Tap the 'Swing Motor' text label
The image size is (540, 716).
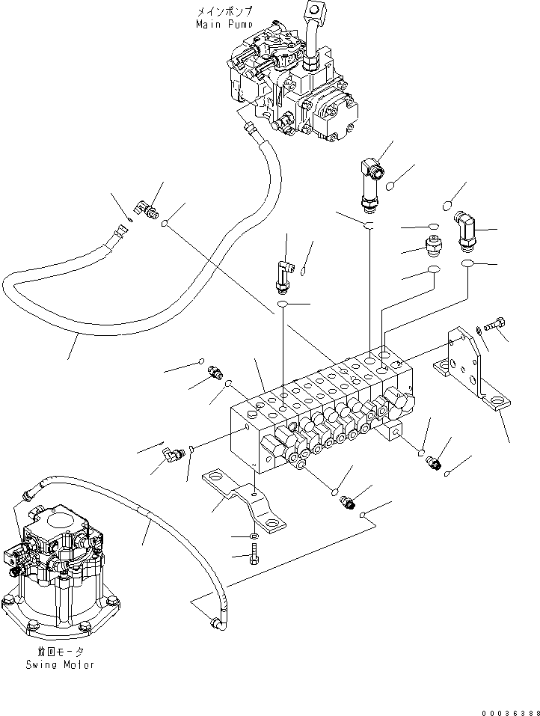click(59, 664)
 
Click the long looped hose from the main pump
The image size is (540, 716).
click(112, 314)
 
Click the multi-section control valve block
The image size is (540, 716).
click(322, 419)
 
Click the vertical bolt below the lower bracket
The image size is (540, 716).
click(255, 554)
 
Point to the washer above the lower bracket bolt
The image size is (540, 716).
click(255, 536)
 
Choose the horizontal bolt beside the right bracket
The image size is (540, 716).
click(494, 325)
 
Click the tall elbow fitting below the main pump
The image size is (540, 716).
click(369, 180)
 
